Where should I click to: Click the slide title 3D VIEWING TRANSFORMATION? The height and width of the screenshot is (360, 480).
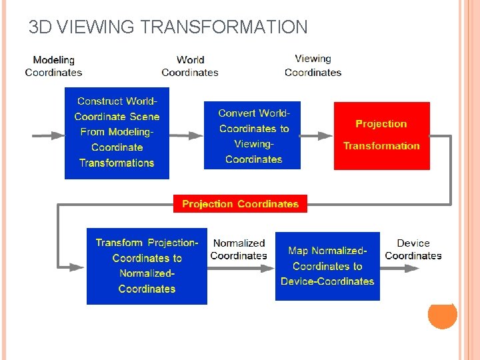pyautogui.click(x=168, y=27)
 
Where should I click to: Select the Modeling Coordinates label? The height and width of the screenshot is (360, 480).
pyautogui.click(x=53, y=66)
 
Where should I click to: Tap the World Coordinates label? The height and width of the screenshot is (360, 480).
pyautogui.click(x=190, y=66)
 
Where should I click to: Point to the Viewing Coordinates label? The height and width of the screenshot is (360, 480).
pyautogui.click(x=313, y=65)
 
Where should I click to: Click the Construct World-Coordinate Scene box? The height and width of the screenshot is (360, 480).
pyautogui.click(x=117, y=133)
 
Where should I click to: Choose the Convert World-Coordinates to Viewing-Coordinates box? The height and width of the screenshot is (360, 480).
pyautogui.click(x=253, y=135)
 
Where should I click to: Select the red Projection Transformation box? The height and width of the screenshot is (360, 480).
pyautogui.click(x=381, y=135)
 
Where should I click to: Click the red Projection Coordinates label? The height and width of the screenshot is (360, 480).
pyautogui.click(x=240, y=204)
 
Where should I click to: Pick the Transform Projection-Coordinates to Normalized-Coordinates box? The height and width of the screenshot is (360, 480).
pyautogui.click(x=147, y=266)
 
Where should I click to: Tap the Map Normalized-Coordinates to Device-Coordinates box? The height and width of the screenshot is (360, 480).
pyautogui.click(x=327, y=266)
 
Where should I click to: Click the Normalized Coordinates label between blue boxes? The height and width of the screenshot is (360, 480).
pyautogui.click(x=239, y=249)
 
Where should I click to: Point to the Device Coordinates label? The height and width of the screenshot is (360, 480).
pyautogui.click(x=413, y=249)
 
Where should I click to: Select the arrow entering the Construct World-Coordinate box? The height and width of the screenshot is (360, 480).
pyautogui.click(x=49, y=135)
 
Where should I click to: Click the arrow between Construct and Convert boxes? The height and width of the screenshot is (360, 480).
pyautogui.click(x=187, y=135)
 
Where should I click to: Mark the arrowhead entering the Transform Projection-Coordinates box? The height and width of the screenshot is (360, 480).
pyautogui.click(x=79, y=267)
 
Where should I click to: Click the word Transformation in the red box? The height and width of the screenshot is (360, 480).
pyautogui.click(x=381, y=146)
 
